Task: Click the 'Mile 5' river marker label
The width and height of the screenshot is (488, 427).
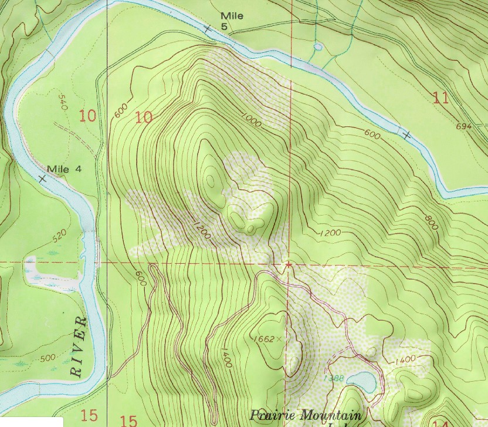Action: point(232,21)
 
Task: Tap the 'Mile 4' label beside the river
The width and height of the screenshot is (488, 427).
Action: point(64,170)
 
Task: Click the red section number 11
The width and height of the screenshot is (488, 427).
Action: point(440,97)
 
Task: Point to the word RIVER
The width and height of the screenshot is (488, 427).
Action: point(77,347)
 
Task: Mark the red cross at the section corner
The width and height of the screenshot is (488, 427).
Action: point(287,265)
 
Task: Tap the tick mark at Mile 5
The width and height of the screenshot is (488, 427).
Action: point(206,28)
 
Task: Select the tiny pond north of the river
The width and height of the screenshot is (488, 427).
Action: point(317,46)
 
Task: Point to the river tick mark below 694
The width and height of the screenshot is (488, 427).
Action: point(406,136)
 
